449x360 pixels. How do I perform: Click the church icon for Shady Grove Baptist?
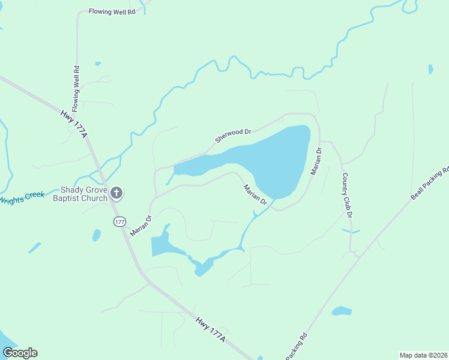tap(116, 193)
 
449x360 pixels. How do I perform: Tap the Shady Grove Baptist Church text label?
tap(80, 194)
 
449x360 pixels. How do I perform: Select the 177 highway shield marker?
tap(119, 221)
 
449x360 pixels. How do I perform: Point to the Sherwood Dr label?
tap(232, 135)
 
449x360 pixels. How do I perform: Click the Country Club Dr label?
tap(346, 195)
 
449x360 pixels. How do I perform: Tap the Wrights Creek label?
tap(22, 197)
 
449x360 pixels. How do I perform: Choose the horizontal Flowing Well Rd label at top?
tap(112, 11)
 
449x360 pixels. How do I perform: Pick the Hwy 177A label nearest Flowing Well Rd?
tap(74, 123)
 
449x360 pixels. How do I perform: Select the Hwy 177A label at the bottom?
tap(210, 329)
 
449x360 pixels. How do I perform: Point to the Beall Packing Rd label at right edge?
tap(430, 183)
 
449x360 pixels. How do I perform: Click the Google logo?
tap(20, 353)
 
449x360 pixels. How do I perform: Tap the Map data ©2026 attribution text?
tap(423, 355)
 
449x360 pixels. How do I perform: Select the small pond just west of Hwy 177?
tap(96, 235)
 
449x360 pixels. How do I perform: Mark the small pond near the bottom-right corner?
tap(342, 311)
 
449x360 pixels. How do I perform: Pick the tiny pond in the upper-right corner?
tap(430, 69)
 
